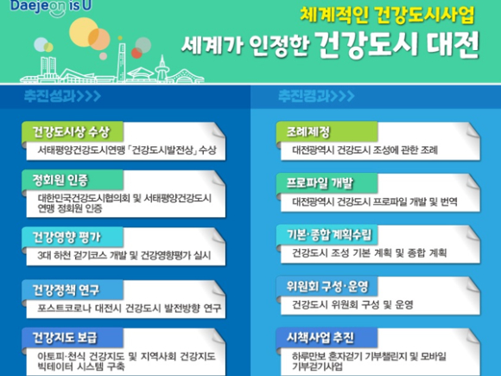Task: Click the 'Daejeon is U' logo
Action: [x=51, y=7]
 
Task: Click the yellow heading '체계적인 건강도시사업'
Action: [x=387, y=15]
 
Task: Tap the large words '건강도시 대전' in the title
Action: [x=398, y=45]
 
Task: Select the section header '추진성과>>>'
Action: [x=62, y=96]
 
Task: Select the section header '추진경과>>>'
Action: [x=316, y=96]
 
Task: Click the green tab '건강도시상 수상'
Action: [x=73, y=131]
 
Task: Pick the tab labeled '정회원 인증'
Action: [x=73, y=181]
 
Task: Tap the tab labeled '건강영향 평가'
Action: [x=73, y=237]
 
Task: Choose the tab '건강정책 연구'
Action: [x=73, y=290]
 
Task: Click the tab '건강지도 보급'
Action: [x=73, y=338]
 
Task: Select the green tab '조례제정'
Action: [x=327, y=131]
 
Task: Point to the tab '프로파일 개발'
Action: [x=327, y=183]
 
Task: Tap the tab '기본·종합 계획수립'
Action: [x=327, y=235]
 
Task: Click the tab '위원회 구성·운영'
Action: [x=327, y=286]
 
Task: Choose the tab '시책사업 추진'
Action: [x=327, y=338]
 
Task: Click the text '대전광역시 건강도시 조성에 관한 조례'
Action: [x=365, y=150]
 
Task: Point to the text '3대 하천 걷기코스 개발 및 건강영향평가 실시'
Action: [x=124, y=255]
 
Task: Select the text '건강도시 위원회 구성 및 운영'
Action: [x=352, y=304]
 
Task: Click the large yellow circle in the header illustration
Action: [x=84, y=32]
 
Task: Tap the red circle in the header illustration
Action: [x=136, y=53]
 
